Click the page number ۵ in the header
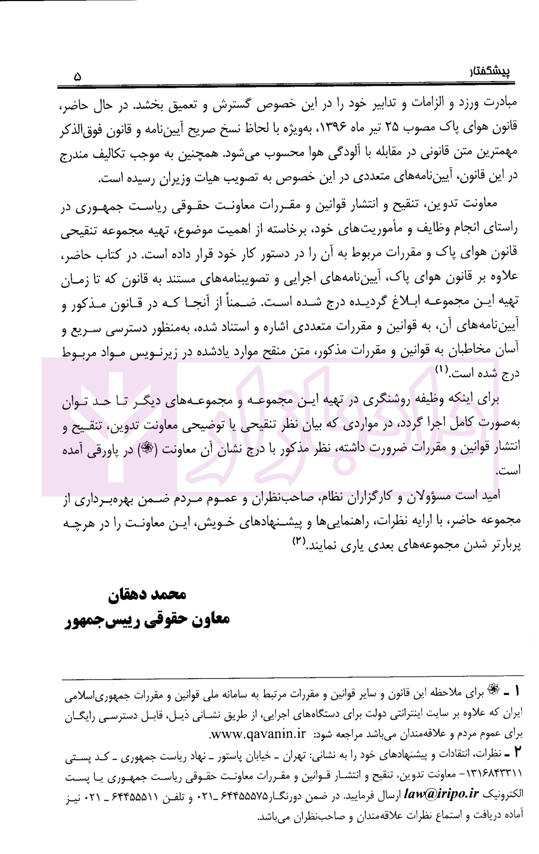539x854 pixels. click(x=78, y=77)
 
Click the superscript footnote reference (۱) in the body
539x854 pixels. click(x=441, y=372)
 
